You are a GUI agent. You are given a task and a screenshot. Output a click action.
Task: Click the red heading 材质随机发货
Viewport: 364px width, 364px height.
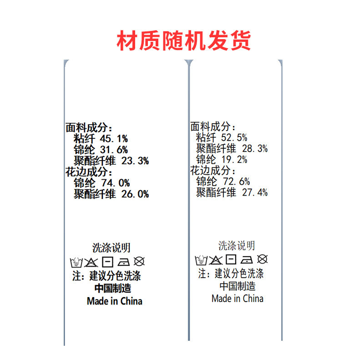(184, 41)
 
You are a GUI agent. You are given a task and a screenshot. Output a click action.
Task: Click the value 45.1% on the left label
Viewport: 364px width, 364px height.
(113, 139)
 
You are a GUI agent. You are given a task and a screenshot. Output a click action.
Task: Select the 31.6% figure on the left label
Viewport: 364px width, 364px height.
(113, 150)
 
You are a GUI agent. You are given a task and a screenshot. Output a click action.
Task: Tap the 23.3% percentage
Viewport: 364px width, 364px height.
(135, 161)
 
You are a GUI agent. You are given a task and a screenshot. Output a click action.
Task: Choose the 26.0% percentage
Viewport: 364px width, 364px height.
(135, 194)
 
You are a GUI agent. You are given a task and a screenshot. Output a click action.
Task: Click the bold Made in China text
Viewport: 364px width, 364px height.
(114, 301)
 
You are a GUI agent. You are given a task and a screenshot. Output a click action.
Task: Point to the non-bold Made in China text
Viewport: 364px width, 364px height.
(237, 298)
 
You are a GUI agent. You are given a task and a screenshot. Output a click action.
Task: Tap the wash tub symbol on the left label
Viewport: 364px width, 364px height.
(76, 262)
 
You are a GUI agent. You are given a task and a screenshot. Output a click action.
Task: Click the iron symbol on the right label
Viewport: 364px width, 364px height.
(246, 260)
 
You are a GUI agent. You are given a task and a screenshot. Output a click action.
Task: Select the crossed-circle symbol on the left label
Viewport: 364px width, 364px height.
(140, 262)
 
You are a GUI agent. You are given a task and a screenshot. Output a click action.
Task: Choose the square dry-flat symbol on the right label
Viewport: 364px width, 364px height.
(231, 260)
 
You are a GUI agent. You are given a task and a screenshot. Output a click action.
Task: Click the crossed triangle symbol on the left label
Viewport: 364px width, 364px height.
(91, 262)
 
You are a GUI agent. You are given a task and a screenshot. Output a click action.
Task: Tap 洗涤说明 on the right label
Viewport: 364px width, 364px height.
(237, 246)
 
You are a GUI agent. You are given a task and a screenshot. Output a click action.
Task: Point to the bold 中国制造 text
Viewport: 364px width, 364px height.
(112, 288)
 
